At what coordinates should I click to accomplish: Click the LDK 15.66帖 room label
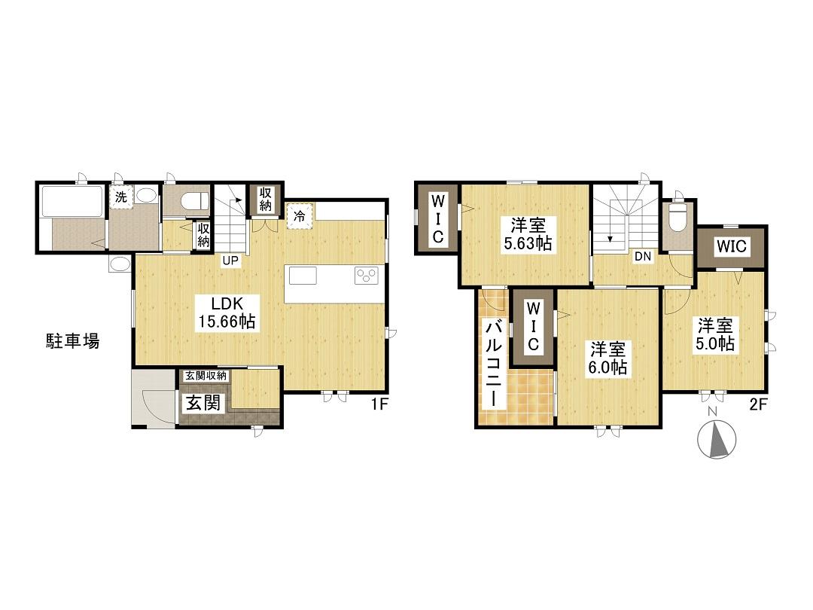point(227,313)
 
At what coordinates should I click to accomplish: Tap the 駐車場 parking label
point(72,341)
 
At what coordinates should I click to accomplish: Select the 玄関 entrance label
point(203,402)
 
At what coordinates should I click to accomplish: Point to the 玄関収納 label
point(206,376)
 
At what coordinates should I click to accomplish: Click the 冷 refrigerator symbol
point(300,216)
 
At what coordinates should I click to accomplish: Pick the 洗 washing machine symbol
point(121,197)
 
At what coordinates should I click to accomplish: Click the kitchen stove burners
point(367,276)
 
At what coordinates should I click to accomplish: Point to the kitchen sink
point(303,276)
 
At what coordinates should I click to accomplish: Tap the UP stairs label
point(230,261)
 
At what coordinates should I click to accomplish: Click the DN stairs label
point(643,256)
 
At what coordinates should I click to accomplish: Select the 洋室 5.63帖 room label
point(527,234)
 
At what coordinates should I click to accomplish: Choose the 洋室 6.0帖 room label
point(607,358)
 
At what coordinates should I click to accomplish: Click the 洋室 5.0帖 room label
point(714,334)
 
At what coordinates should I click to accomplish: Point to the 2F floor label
point(757,404)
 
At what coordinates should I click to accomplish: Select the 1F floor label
point(379,404)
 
